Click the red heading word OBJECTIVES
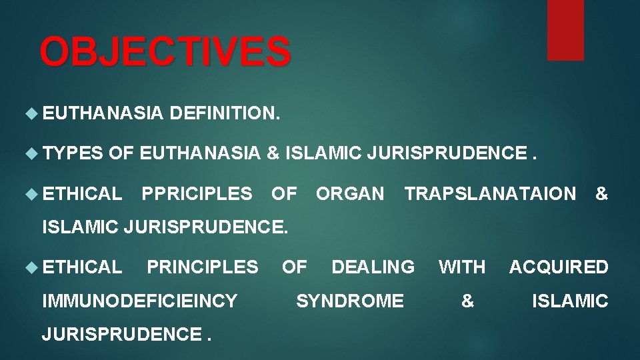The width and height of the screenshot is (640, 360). click(x=165, y=52)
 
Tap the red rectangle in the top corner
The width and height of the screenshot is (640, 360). click(x=565, y=30)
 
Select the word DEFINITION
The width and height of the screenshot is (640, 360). click(x=225, y=115)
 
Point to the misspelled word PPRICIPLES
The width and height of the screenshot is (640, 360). click(x=197, y=194)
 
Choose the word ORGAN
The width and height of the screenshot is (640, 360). click(x=350, y=194)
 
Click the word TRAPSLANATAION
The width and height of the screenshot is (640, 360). click(x=490, y=194)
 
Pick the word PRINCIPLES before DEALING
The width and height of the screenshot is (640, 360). click(x=202, y=267)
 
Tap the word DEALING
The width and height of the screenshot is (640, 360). click(x=373, y=267)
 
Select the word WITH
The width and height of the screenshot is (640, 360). click(x=461, y=267)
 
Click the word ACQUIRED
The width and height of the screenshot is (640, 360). click(x=559, y=267)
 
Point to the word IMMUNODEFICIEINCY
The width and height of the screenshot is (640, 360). click(x=139, y=301)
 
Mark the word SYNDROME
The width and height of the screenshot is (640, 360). click(x=349, y=301)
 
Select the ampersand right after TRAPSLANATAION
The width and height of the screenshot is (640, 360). click(x=601, y=194)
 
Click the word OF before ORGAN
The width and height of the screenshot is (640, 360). click(x=284, y=194)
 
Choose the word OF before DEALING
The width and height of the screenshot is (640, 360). click(x=294, y=267)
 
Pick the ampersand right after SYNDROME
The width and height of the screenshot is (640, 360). click(x=467, y=301)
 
